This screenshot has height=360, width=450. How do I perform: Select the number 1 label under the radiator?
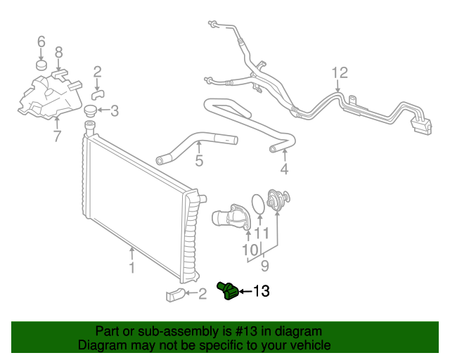[x=131, y=267]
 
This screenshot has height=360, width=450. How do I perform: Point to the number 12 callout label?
[x=340, y=72]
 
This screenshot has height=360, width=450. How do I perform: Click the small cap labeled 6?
[x=41, y=66]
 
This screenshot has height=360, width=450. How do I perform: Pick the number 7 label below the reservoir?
[x=57, y=136]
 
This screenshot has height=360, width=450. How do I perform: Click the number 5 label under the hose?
[x=199, y=162]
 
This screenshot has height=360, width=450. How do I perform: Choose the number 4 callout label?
[x=284, y=169]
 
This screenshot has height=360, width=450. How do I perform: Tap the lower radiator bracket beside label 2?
[x=175, y=294]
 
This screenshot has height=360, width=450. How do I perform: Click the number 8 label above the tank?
[x=59, y=51]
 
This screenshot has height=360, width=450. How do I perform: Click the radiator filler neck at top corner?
[x=89, y=127]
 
